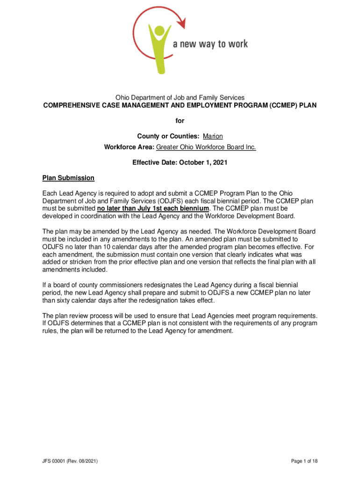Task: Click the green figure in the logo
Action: tap(158, 47)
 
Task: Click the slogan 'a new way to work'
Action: tap(210, 44)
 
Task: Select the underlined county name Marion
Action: tap(213, 136)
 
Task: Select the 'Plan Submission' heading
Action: tap(68, 178)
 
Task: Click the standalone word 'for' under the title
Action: tap(180, 121)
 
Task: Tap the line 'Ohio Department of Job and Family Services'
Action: tap(180, 97)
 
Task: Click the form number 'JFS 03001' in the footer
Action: tap(56, 461)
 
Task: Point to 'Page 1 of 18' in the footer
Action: tap(304, 461)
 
